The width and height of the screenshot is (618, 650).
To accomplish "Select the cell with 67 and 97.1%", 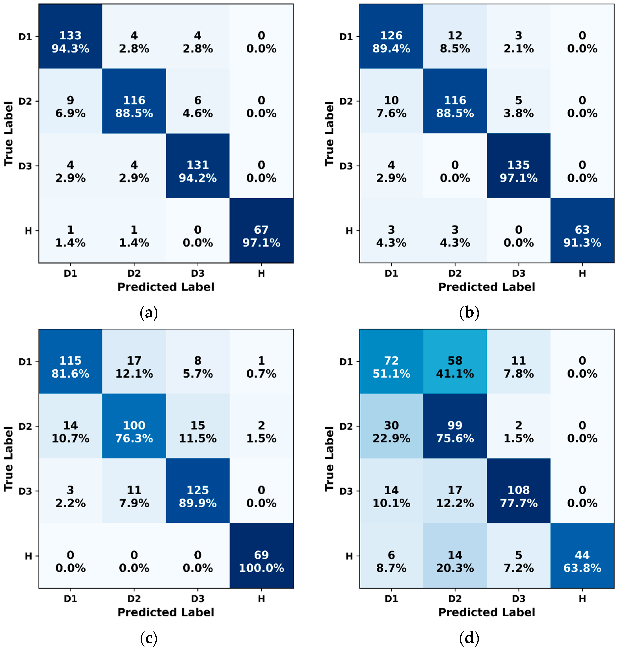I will (261, 236).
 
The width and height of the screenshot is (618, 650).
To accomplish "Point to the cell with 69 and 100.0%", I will (261, 561).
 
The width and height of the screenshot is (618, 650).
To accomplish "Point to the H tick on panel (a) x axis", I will (261, 273).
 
